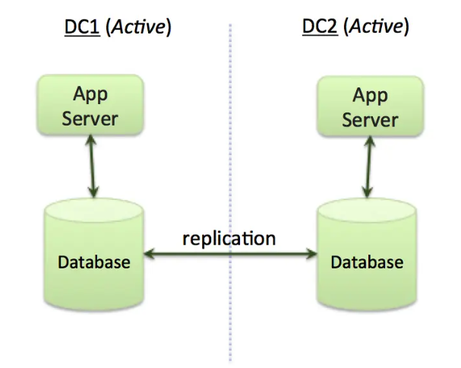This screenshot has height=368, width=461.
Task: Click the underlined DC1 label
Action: (81, 28)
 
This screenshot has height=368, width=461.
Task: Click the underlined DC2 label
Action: (320, 28)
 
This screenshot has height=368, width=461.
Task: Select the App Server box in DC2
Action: (370, 107)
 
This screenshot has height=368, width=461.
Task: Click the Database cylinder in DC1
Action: (94, 255)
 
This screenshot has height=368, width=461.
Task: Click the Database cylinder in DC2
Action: (367, 255)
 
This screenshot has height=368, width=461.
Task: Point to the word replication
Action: (229, 238)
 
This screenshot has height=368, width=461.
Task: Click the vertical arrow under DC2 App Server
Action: (369, 167)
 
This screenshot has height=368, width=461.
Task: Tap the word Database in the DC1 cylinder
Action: (94, 262)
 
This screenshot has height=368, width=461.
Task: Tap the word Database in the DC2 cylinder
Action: (367, 262)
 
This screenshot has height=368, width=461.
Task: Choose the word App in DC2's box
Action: (370, 96)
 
